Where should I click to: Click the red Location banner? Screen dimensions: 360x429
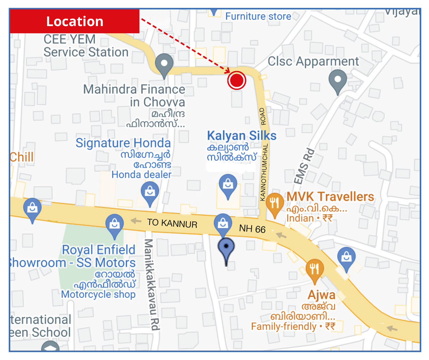pyautogui.click(x=75, y=21)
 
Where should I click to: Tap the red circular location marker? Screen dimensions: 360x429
pyautogui.click(x=237, y=80)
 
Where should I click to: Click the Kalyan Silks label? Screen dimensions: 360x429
pyautogui.click(x=242, y=136)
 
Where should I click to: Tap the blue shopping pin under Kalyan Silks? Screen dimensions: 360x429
pyautogui.click(x=228, y=185)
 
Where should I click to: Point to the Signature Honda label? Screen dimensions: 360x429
pyautogui.click(x=123, y=143)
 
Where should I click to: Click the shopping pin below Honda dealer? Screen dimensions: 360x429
pyautogui.click(x=150, y=192)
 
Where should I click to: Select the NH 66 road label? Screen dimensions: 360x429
pyautogui.click(x=252, y=229)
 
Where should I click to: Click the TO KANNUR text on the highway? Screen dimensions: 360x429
pyautogui.click(x=172, y=223)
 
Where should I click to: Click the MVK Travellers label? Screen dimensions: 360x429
pyautogui.click(x=330, y=197)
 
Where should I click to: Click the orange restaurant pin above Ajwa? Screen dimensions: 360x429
pyautogui.click(x=315, y=269)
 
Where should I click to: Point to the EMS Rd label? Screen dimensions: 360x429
pyautogui.click(x=304, y=166)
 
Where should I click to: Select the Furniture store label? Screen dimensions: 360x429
pyautogui.click(x=258, y=17)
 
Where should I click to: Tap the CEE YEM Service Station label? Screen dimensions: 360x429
pyautogui.click(x=86, y=46)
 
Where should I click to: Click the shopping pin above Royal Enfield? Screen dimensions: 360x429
pyautogui.click(x=114, y=224)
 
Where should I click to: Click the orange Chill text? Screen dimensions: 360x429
pyautogui.click(x=22, y=157)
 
